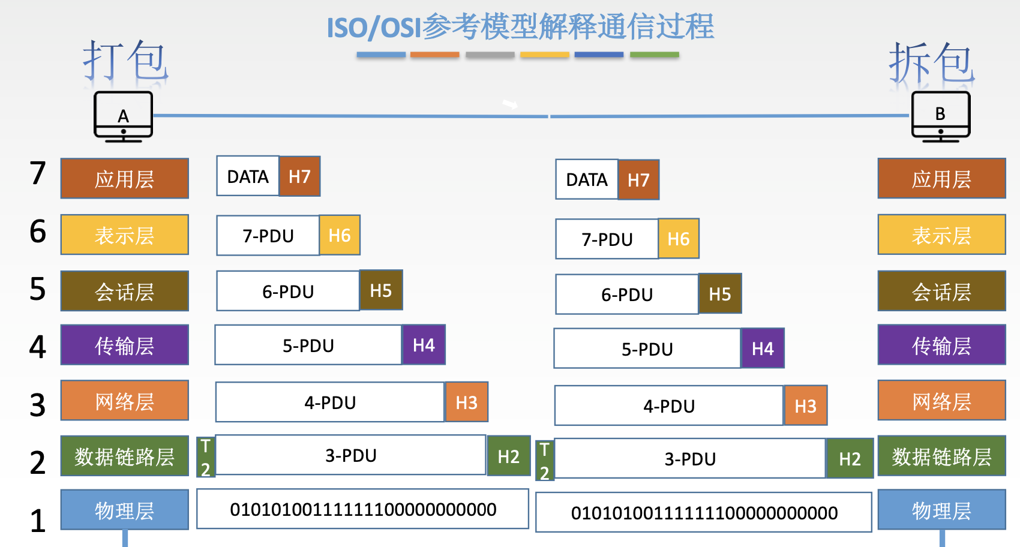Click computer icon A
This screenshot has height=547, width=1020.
coord(123,116)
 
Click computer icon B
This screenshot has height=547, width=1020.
coord(941,116)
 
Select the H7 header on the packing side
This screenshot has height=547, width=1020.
coord(299,176)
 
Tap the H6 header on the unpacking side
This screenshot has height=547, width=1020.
coord(679,239)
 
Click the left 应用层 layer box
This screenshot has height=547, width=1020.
coord(124,178)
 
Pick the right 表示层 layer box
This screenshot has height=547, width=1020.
coord(941,235)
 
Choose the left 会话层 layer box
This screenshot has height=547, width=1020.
coord(124,291)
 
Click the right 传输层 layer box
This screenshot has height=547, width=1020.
coord(941,344)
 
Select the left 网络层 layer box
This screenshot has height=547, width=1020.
coord(124,400)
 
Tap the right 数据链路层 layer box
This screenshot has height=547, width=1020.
coord(941,456)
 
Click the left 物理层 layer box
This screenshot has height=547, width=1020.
coord(124,510)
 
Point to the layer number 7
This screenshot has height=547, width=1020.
coord(38,173)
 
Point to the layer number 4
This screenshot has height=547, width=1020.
coord(38,347)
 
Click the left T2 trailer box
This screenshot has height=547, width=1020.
coord(206,457)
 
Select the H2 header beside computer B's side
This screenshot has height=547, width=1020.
coord(850,458)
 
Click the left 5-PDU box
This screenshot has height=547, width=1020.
coord(308,345)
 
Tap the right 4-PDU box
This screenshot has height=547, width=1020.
coord(669,405)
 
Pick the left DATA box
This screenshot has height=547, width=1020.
coord(248,176)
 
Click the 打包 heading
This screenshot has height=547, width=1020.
coord(125,61)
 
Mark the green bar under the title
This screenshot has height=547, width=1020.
coord(655,55)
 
